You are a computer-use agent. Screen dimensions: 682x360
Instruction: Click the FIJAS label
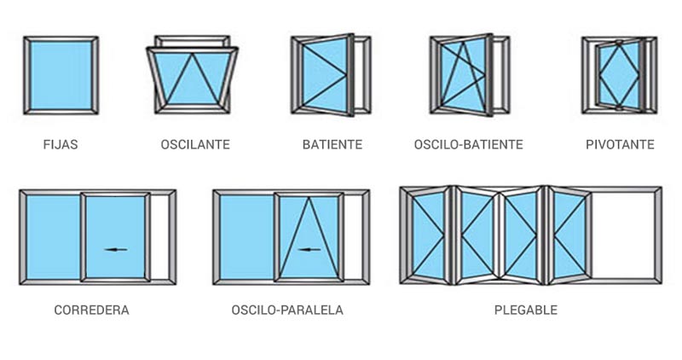61,144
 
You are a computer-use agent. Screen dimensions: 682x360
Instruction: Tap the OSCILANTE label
195,144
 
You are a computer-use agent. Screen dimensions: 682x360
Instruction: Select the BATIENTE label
332,144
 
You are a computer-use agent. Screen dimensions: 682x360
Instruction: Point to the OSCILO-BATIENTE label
468,144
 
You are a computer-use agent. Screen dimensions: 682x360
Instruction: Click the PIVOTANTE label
620,144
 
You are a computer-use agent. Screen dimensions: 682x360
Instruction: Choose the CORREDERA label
91,310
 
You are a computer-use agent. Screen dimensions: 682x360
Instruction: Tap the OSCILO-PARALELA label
287,310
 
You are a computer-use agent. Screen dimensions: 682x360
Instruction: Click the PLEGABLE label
526,310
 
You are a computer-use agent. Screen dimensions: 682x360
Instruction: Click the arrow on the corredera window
116,249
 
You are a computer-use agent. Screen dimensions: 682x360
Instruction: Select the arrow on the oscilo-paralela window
309,249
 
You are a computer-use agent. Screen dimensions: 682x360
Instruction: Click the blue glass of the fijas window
61,75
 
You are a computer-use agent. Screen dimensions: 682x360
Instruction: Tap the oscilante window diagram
192,74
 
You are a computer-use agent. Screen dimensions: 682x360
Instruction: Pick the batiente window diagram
331,75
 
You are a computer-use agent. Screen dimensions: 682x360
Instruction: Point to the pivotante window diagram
620,75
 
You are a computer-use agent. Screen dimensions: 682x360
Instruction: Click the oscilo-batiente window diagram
470,75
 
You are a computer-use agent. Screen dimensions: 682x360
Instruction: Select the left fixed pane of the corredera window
53,237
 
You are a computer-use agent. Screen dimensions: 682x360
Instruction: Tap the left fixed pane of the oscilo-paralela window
246,237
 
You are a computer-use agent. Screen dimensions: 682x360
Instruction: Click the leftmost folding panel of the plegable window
427,235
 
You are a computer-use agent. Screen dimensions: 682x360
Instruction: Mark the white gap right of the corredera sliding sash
159,237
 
